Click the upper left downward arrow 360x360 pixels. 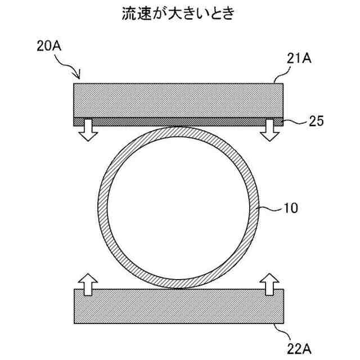(87, 130)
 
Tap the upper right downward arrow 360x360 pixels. (271, 130)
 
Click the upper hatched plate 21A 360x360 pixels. (179, 100)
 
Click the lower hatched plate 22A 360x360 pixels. (179, 306)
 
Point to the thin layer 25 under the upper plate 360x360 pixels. (179, 121)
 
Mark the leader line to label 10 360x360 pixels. (270, 209)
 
